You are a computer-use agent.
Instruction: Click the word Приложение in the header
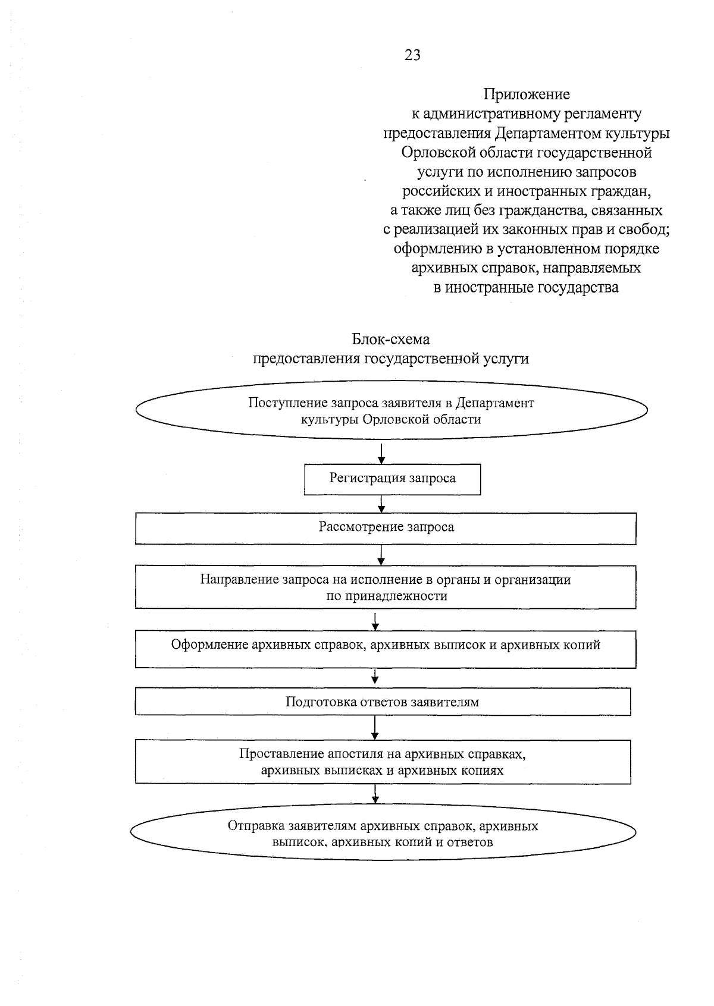(526, 95)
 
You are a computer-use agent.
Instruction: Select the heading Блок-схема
(390, 339)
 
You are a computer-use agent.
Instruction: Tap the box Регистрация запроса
(392, 479)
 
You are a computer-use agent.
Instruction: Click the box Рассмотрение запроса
(386, 528)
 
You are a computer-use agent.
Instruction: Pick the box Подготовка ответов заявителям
(382, 702)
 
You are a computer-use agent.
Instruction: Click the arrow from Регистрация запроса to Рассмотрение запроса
(381, 504)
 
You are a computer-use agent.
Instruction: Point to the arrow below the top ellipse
(381, 452)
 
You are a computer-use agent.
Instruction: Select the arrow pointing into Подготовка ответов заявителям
(375, 677)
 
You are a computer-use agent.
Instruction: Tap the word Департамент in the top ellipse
(495, 403)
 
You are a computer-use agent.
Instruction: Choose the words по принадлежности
(386, 596)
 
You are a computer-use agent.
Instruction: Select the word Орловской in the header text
(437, 153)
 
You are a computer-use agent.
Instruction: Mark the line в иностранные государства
(526, 288)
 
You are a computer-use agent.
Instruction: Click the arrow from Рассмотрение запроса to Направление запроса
(381, 555)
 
